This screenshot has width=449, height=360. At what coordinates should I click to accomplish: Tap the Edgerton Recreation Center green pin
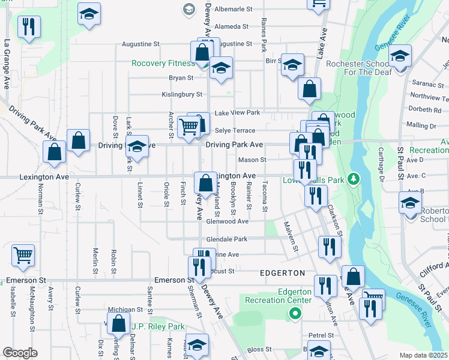(x=295, y=313)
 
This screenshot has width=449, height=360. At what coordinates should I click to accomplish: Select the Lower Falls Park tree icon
(x=354, y=179)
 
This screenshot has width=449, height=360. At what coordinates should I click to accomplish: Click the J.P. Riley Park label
(x=158, y=327)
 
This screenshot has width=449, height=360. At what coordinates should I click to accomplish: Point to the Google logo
(x=20, y=353)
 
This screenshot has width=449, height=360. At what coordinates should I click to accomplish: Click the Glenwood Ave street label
(x=228, y=221)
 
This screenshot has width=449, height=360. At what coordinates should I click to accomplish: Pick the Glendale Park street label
(x=227, y=238)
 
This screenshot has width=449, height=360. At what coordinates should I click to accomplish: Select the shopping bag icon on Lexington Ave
(x=205, y=181)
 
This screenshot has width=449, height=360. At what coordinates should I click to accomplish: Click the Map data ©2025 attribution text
(x=424, y=355)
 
